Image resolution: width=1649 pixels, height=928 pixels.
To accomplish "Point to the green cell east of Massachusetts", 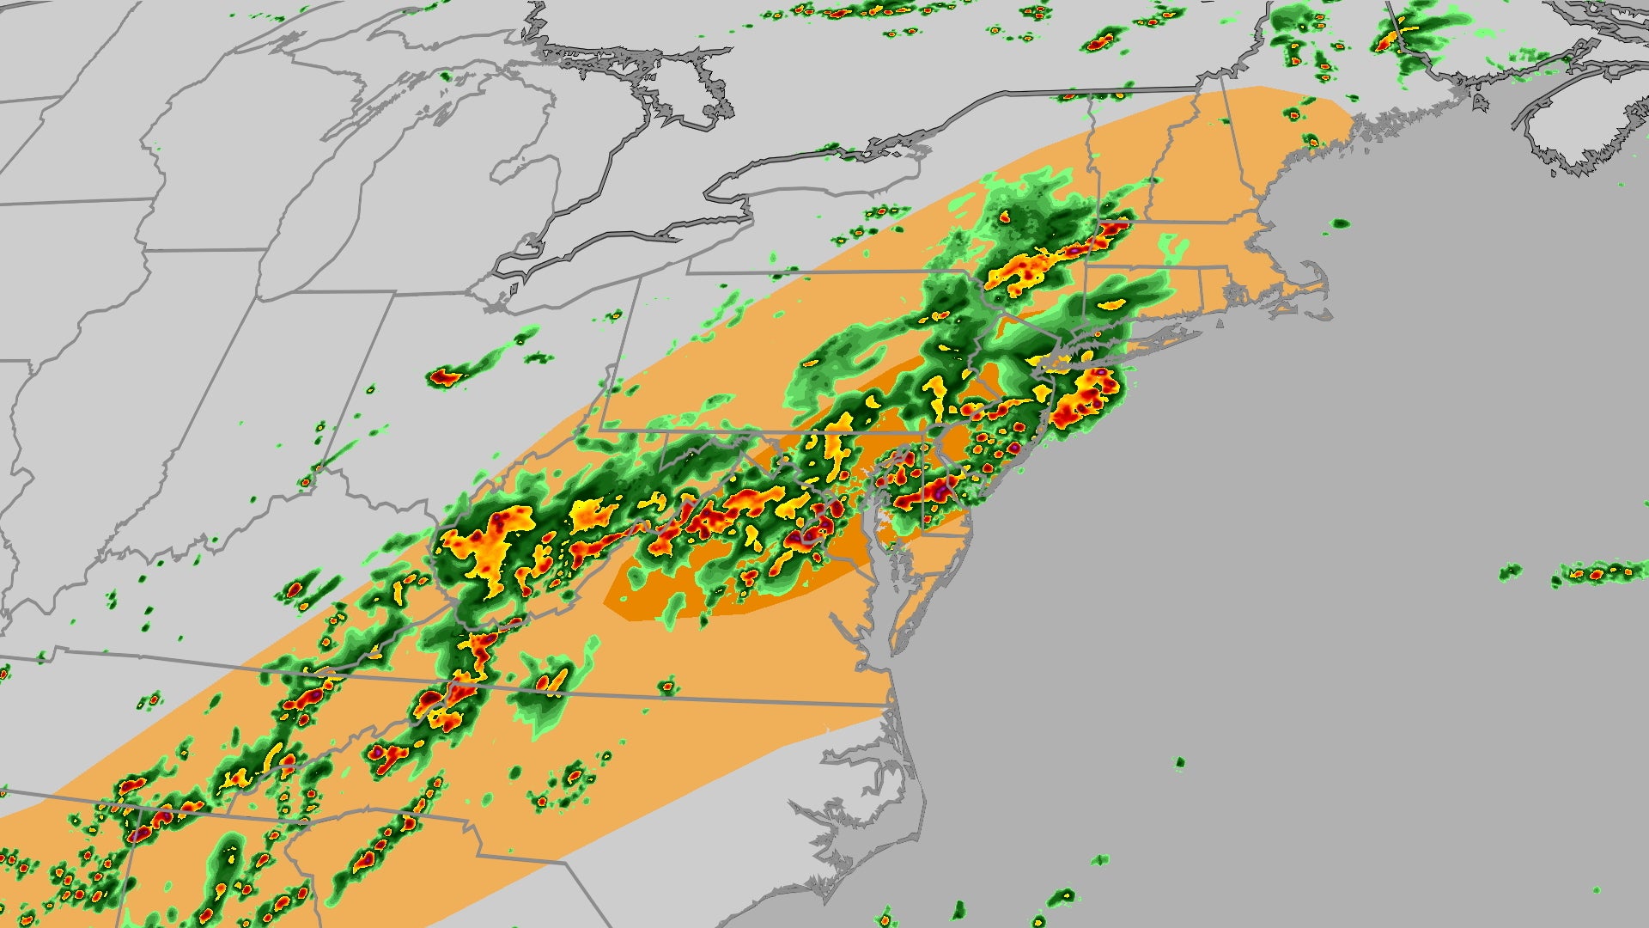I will click(x=1341, y=224).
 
